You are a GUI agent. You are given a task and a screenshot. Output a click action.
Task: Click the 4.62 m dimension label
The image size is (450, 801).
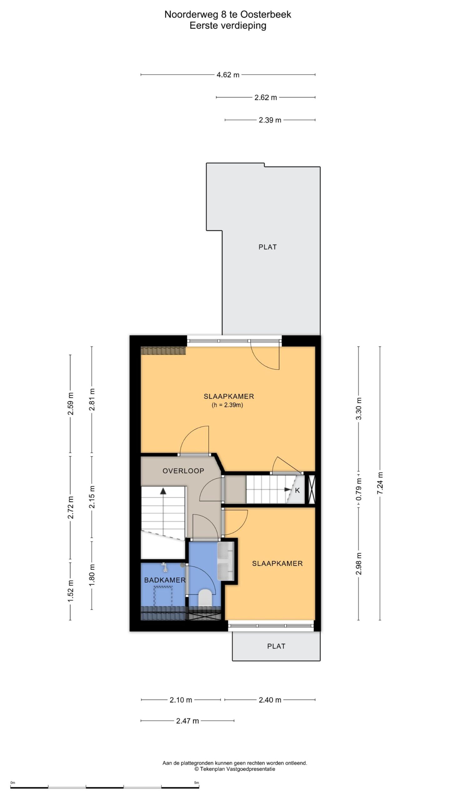click(x=228, y=75)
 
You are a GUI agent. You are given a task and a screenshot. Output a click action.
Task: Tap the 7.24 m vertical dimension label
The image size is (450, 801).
click(x=380, y=483)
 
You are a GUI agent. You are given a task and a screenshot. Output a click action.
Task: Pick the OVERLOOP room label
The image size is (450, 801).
click(x=183, y=471)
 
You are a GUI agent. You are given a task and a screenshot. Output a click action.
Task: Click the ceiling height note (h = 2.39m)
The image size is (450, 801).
click(x=227, y=405)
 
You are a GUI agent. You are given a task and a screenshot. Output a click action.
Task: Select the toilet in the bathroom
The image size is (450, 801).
click(x=205, y=598)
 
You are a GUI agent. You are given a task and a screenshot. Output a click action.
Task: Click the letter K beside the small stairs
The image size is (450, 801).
click(x=297, y=490)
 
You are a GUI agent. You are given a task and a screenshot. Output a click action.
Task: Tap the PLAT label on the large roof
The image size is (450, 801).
click(x=267, y=247)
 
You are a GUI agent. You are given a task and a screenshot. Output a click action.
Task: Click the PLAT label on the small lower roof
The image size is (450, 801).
click(x=276, y=646)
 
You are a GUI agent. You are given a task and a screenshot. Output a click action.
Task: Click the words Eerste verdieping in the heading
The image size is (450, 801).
click(x=228, y=26)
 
